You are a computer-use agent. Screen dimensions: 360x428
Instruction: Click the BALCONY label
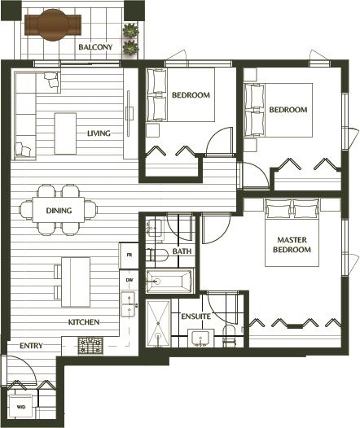[x=95, y=47]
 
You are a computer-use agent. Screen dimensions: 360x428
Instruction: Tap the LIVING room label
[x=99, y=133]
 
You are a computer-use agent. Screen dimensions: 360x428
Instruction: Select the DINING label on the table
[x=59, y=211]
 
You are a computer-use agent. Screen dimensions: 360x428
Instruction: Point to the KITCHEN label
[x=84, y=322]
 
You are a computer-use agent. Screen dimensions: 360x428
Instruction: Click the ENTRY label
[x=31, y=346]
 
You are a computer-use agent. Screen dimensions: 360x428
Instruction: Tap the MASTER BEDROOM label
[x=292, y=245]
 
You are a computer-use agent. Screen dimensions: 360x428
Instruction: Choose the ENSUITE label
[x=196, y=317]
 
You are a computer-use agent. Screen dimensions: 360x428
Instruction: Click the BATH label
[x=182, y=251]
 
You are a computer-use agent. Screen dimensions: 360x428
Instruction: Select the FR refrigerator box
[x=130, y=255]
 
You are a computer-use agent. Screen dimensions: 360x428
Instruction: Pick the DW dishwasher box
[x=130, y=280]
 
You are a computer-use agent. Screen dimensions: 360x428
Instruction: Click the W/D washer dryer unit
[x=21, y=407]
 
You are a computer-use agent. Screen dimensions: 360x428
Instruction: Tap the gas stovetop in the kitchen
[x=90, y=346]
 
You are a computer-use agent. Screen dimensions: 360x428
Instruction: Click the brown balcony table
[x=53, y=25]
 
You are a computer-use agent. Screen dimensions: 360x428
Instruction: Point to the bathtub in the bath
[x=169, y=281]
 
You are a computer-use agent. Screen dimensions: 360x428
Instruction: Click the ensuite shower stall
[x=158, y=324]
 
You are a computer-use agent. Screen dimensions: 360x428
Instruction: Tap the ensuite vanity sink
[x=200, y=338]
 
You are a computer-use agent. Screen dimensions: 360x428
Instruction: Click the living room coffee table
[x=65, y=133]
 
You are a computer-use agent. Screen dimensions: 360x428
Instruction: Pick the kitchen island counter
[x=76, y=282]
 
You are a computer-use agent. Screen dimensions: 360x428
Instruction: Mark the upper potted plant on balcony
[x=130, y=30]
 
